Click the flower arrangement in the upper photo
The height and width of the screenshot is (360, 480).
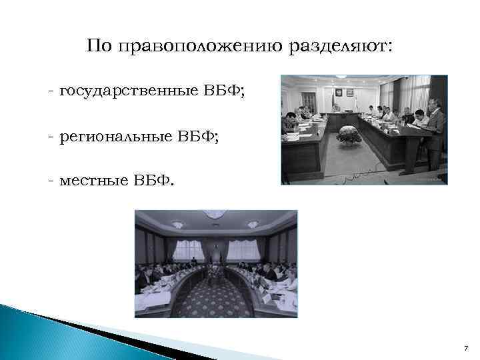click(348, 135)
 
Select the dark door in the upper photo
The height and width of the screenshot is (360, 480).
click(307, 102)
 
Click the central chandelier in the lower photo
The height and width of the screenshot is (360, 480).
click(215, 215)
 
